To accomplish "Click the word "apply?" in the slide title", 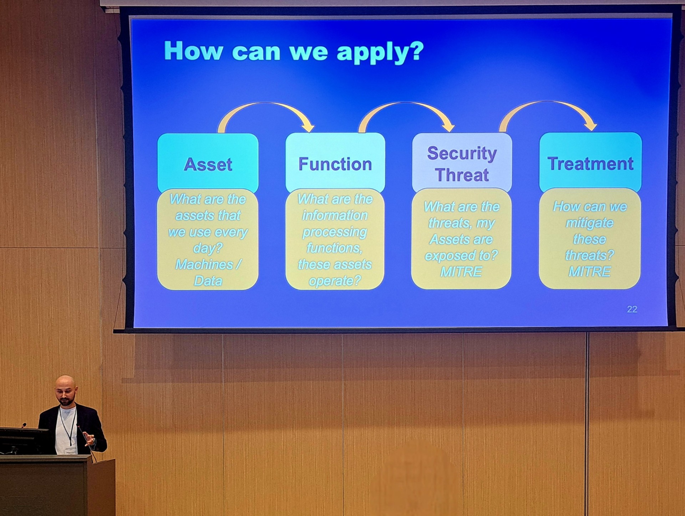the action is [x=380, y=52].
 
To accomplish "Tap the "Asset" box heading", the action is [x=208, y=164].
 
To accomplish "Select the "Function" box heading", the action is [x=335, y=164].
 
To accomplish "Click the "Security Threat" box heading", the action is [x=462, y=164].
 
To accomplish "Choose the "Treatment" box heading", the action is [x=590, y=164].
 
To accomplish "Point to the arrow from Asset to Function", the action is [x=266, y=104].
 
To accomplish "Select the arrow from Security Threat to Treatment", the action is [x=548, y=103].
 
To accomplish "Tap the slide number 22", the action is [x=632, y=309].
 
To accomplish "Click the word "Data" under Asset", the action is [x=208, y=281].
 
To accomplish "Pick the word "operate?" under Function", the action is [x=335, y=281].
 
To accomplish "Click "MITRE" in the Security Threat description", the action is [x=461, y=272].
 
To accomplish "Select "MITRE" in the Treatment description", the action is [x=589, y=272].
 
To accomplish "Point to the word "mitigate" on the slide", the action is [x=589, y=223].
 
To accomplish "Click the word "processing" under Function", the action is [x=335, y=232].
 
